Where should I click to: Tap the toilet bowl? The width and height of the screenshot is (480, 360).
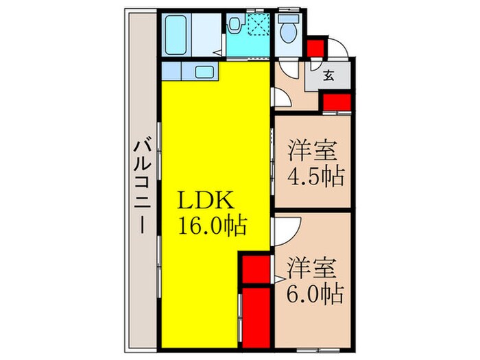point(287,32)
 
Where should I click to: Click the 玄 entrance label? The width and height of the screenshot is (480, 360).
point(329,76)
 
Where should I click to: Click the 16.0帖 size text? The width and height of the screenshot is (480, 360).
point(213,224)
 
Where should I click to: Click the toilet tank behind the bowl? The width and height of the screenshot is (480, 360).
point(287,18)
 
